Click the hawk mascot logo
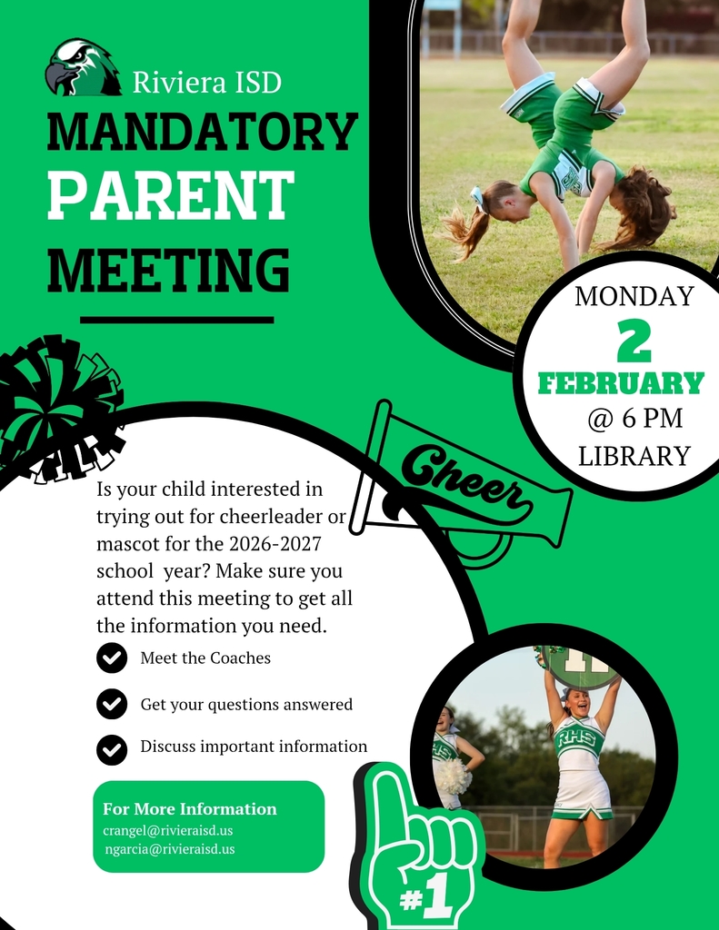(82, 68)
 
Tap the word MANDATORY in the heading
(202, 133)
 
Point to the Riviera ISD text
(206, 83)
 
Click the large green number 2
(634, 341)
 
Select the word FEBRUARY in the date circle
(621, 383)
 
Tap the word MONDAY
(634, 296)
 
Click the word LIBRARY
(634, 456)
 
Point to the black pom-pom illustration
(56, 407)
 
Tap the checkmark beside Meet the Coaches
(112, 658)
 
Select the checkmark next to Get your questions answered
(112, 704)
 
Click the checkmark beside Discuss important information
(112, 748)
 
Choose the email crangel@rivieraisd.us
(168, 830)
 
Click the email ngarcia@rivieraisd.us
(170, 849)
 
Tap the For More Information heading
(190, 808)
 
